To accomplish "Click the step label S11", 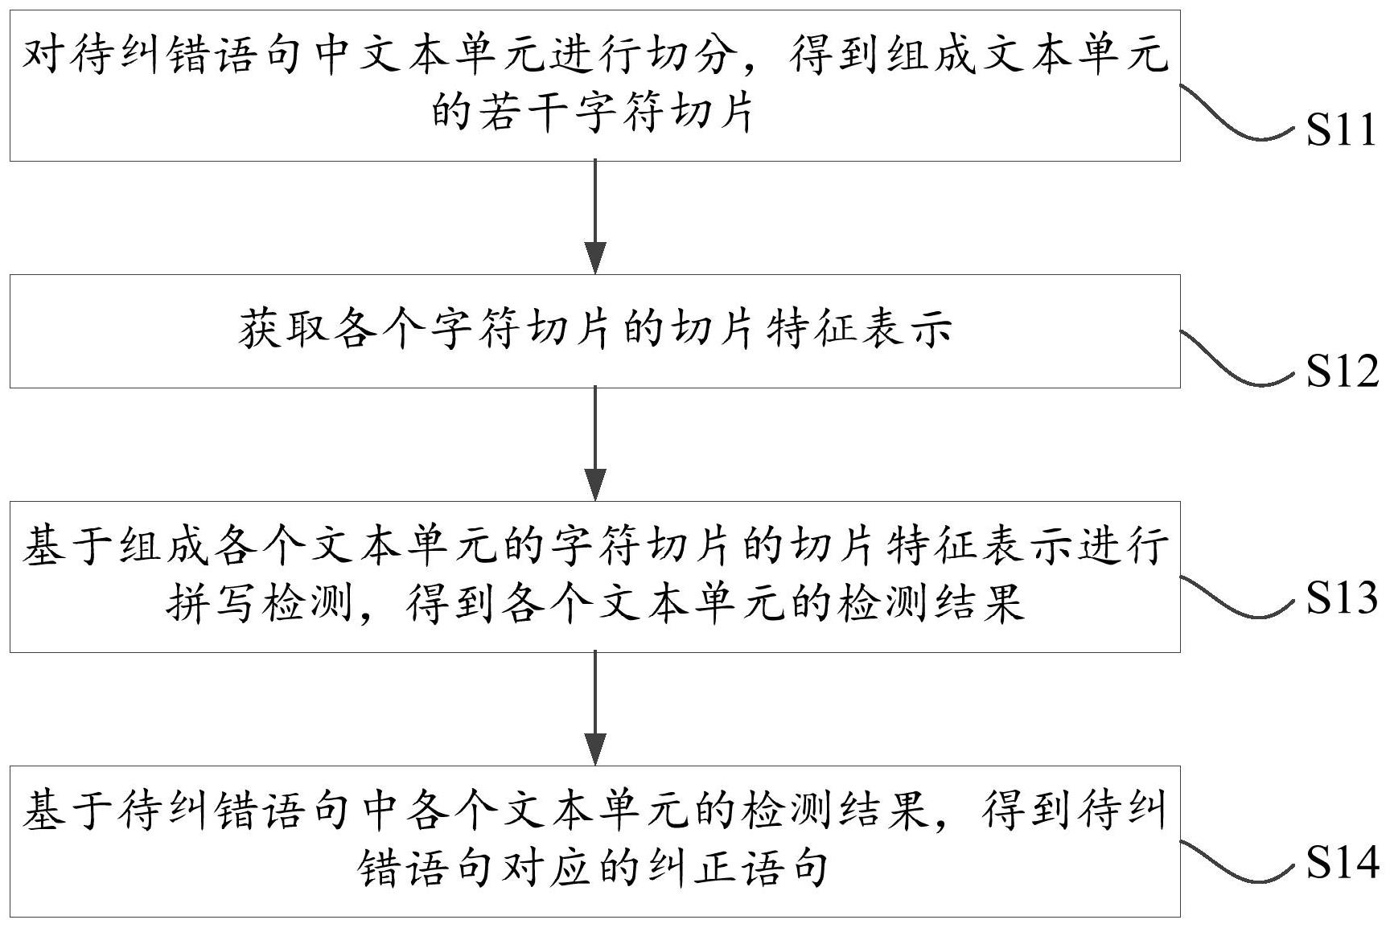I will point(1341,129).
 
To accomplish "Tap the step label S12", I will point(1341,371).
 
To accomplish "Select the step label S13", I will point(1341,597).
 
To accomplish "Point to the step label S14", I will point(1341,862).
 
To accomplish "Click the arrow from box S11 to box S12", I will point(594,217).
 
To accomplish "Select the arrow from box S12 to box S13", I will point(594,444).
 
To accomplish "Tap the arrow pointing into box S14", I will point(594,708).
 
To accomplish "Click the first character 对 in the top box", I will point(43,56).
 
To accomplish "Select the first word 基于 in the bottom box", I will point(68,811).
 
